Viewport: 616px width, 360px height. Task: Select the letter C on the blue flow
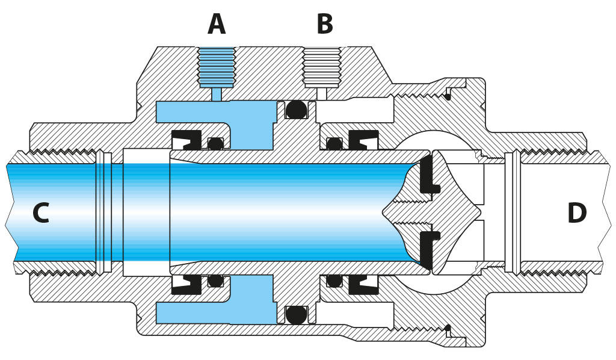pyautogui.click(x=40, y=213)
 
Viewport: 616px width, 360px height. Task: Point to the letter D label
pyautogui.click(x=576, y=213)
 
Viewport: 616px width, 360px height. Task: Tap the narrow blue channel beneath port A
pyautogui.click(x=217, y=94)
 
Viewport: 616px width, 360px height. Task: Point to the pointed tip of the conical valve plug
pyautogui.click(x=385, y=213)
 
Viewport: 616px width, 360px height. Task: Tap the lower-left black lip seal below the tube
pyautogui.click(x=187, y=284)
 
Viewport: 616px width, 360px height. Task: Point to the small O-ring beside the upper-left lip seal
pyautogui.click(x=215, y=143)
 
